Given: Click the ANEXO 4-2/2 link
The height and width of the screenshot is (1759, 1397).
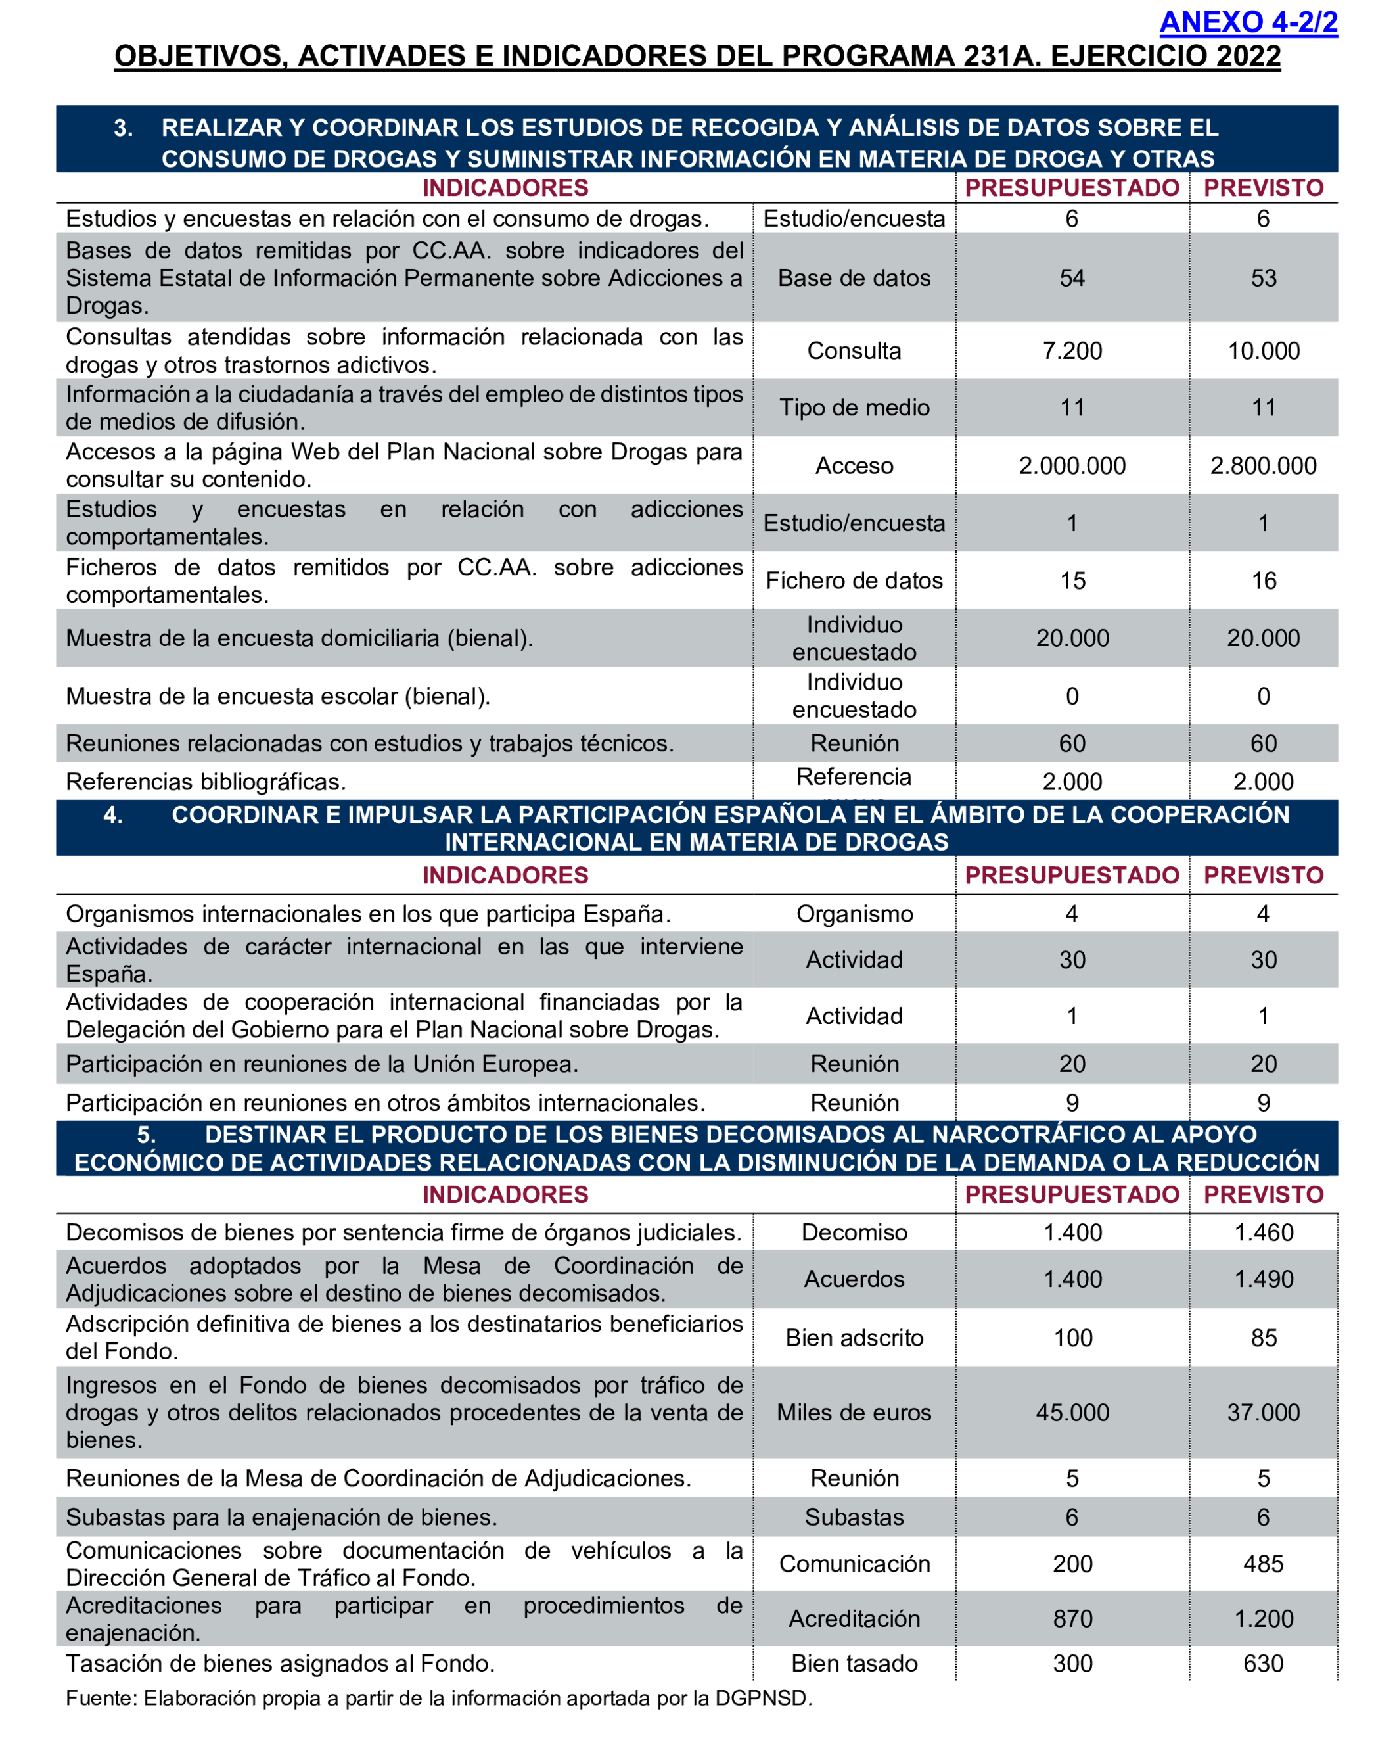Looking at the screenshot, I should pos(1248,22).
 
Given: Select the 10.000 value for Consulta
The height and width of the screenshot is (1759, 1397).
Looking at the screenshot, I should pos(1263,351).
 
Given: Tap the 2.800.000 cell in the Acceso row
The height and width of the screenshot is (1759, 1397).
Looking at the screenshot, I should pos(1262,466).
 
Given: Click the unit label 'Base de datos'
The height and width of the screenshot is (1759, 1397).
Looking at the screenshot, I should pos(854,278).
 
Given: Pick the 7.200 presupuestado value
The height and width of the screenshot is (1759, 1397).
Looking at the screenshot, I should pos(1072,351).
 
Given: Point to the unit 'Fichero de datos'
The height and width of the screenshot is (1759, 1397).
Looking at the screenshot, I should pos(854,581).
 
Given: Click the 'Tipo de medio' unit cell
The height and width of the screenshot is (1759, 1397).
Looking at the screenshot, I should pos(854,408).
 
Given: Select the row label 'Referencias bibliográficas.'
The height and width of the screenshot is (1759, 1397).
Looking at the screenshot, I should pos(206,782).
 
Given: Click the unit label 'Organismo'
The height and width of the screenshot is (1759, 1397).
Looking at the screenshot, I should pos(854,914).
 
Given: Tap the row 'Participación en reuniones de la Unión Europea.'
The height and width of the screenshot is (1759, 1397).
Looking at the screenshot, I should pos(321,1065).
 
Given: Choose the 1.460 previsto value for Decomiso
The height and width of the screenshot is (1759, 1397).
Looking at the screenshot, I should pos(1263,1232).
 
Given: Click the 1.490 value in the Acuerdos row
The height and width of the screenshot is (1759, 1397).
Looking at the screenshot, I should pos(1263,1279).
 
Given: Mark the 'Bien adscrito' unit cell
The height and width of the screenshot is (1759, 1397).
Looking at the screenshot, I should pos(854,1338).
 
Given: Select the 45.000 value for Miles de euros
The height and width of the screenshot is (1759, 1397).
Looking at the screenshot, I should pos(1072,1412).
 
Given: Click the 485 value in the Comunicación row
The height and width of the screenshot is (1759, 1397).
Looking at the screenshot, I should pos(1262,1564).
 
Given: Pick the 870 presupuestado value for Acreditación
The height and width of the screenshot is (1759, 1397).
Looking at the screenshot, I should pos(1072,1619).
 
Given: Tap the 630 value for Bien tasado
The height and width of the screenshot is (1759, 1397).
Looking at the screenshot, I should pos(1262,1664).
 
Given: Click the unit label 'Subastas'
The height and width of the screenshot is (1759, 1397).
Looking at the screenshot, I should pos(854,1518).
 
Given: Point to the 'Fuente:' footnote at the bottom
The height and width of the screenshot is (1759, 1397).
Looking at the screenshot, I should pos(439,1699).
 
